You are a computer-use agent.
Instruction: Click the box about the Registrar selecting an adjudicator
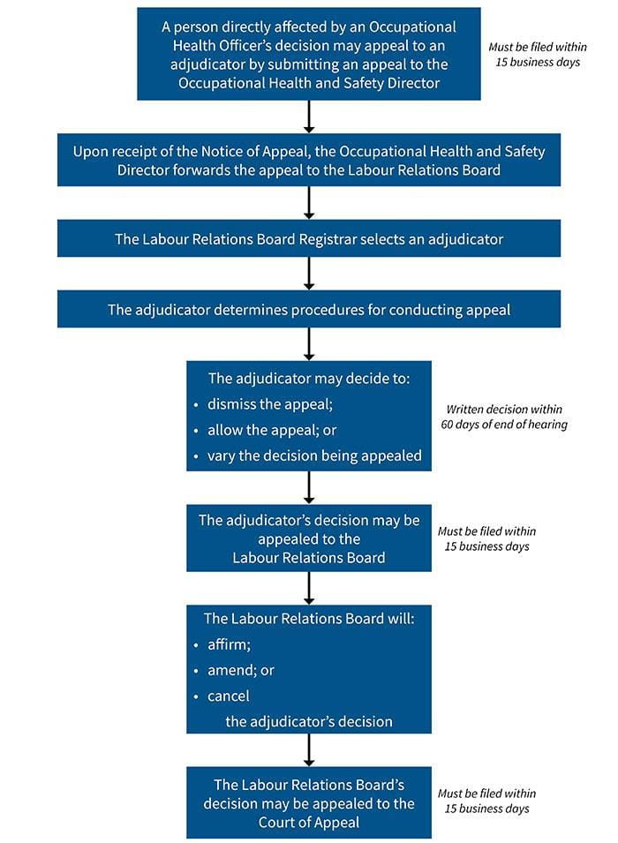point(308,238)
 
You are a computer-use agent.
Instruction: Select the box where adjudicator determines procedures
point(308,310)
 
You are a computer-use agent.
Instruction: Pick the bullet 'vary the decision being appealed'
point(314,455)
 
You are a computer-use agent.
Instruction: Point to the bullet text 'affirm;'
point(229,644)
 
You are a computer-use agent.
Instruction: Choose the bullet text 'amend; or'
point(240,670)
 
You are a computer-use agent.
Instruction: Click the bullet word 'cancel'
point(229,696)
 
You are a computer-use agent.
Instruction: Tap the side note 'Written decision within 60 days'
point(503,417)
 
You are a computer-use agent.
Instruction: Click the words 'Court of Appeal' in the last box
point(308,822)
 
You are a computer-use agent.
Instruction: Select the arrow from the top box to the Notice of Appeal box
point(308,117)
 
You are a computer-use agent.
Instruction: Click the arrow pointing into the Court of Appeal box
point(308,749)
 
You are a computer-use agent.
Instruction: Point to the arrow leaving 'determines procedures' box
point(308,343)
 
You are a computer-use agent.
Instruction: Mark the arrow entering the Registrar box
point(308,203)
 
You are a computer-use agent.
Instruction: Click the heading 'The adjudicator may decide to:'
point(308,379)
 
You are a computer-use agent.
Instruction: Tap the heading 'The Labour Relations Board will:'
point(308,619)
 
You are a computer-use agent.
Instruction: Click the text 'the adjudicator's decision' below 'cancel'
point(308,721)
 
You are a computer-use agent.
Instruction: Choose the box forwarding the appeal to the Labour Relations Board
point(308,160)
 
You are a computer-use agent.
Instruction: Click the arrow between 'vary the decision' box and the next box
point(308,486)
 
